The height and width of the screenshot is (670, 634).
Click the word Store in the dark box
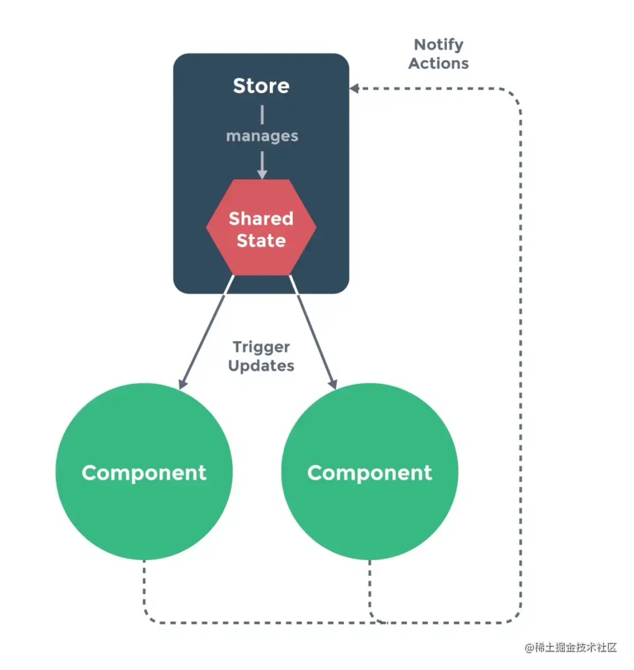[x=261, y=86]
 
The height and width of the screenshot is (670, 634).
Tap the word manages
[x=262, y=136]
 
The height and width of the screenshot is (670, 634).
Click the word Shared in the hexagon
[x=261, y=218]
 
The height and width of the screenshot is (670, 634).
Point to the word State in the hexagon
[x=261, y=240]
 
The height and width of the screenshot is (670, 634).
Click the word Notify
[x=438, y=45]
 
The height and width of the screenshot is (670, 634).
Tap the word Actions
[x=438, y=63]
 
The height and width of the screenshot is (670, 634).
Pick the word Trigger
[x=261, y=347]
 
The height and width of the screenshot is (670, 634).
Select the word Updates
[x=261, y=366]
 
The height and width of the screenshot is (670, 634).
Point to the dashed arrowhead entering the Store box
[x=354, y=88]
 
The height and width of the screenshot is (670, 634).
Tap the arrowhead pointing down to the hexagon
[x=262, y=174]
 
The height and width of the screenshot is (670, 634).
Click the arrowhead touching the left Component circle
[x=182, y=383]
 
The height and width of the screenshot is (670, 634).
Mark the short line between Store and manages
[x=262, y=115]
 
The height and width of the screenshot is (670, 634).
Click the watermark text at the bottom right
[x=570, y=648]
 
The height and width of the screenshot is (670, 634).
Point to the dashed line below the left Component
[x=144, y=592]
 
